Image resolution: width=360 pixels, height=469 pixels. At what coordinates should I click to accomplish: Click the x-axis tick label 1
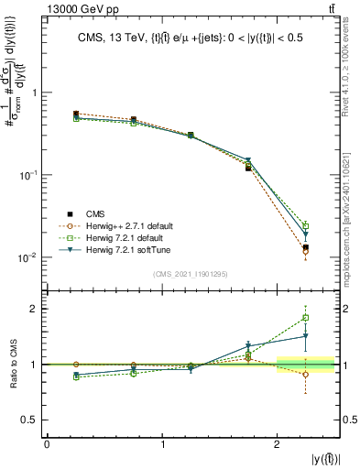162,444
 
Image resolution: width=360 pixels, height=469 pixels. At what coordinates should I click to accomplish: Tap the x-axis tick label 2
278,444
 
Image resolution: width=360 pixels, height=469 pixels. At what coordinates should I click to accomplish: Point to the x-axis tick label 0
47,444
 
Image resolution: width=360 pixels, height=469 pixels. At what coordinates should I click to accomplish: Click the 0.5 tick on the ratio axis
33,420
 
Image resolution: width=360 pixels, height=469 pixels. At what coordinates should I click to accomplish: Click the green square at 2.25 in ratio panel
306,318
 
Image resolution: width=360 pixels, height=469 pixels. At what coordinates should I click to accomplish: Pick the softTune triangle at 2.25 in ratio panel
306,336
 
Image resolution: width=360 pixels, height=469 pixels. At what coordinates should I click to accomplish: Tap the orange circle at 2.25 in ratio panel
306,374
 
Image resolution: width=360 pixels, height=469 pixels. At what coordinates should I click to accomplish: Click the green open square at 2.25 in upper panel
306,225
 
